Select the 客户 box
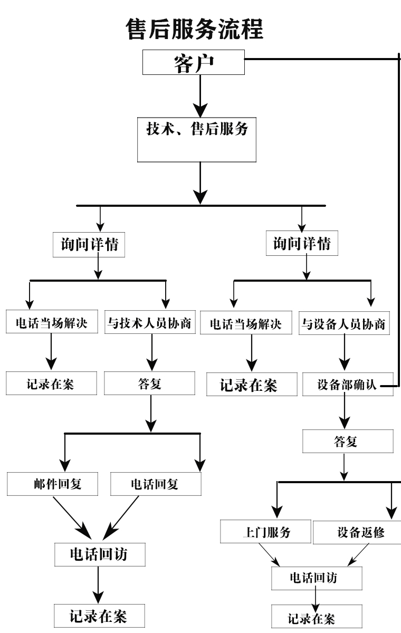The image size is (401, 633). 194,62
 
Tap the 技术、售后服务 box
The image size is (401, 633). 197,139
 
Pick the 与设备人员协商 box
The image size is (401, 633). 345,324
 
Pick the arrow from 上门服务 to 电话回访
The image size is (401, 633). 275,555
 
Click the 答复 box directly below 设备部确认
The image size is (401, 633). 347,442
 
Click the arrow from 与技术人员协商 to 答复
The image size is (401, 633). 152,353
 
